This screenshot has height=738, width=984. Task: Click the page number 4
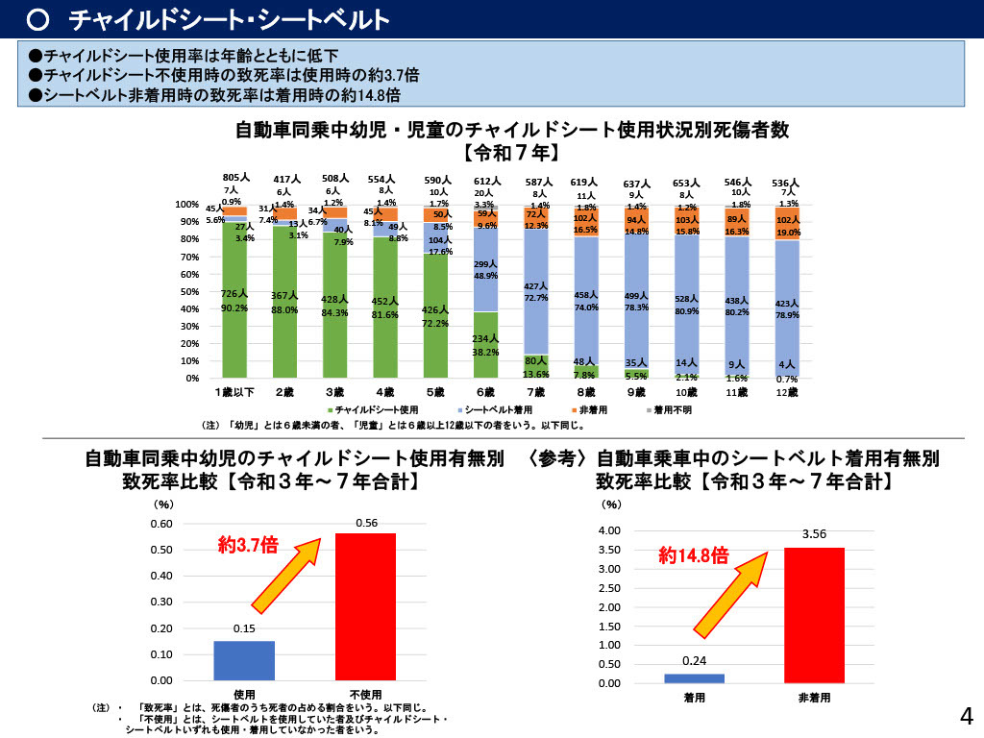tap(966, 715)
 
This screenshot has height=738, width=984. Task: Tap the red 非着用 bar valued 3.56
tap(814, 615)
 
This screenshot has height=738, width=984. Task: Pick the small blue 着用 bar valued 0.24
tap(694, 677)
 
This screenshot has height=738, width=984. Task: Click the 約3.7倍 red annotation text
tap(248, 546)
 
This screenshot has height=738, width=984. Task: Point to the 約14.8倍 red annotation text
tap(693, 555)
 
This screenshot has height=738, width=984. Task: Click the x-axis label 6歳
tap(485, 393)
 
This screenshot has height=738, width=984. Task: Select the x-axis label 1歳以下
tap(234, 393)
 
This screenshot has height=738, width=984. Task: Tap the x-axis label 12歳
tap(786, 393)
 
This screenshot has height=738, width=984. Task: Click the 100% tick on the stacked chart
tap(186, 206)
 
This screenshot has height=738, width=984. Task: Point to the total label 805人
tap(234, 178)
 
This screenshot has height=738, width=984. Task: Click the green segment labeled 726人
tap(234, 300)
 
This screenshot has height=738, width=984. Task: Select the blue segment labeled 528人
tap(686, 305)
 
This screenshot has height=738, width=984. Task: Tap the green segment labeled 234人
tap(485, 344)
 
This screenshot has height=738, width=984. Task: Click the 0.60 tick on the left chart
tap(160, 525)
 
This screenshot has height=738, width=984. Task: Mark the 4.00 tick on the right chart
tap(610, 531)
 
